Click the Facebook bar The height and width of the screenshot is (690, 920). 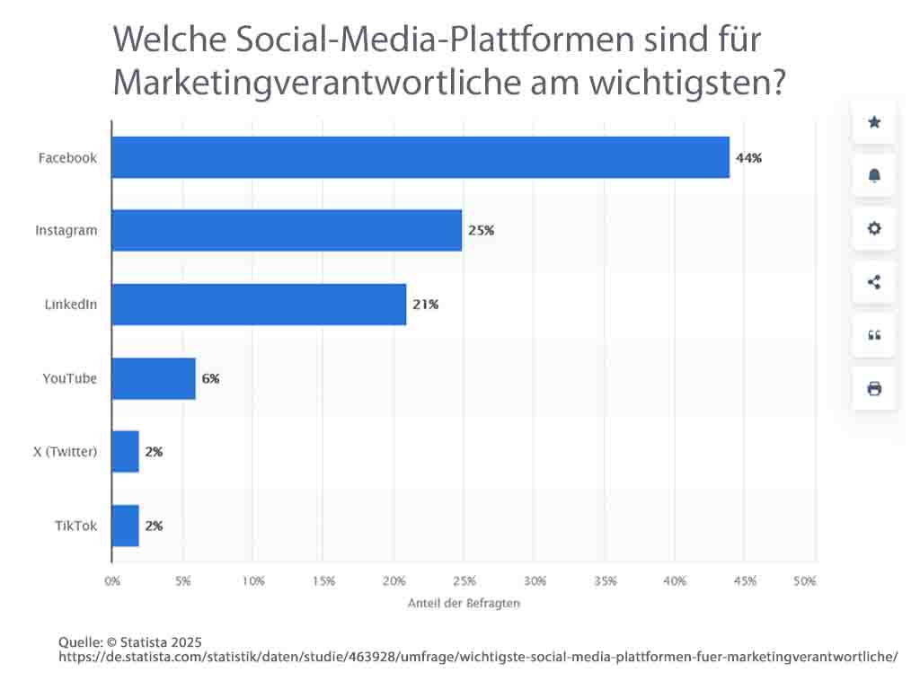pyautogui.click(x=420, y=157)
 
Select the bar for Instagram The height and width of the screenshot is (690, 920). pyautogui.click(x=287, y=230)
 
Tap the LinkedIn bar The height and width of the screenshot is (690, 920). pyautogui.click(x=259, y=305)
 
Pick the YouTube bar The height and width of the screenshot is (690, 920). pyautogui.click(x=154, y=378)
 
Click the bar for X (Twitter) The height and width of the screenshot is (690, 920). pyautogui.click(x=126, y=452)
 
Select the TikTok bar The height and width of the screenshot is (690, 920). pyautogui.click(x=126, y=526)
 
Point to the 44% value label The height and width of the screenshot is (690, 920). pyautogui.click(x=748, y=158)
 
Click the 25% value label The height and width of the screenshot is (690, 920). pyautogui.click(x=481, y=231)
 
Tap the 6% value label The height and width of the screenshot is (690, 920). pyautogui.click(x=210, y=379)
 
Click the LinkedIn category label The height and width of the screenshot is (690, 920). pyautogui.click(x=71, y=305)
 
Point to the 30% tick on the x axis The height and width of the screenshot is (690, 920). pyautogui.click(x=535, y=581)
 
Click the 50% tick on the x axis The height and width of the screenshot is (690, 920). pyautogui.click(x=805, y=581)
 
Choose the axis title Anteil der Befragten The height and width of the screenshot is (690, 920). pyautogui.click(x=463, y=603)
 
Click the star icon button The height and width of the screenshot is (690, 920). pyautogui.click(x=874, y=122)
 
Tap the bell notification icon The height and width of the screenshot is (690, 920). pyautogui.click(x=874, y=175)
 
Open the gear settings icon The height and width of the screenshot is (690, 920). pyautogui.click(x=874, y=228)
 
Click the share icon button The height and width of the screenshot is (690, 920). pyautogui.click(x=874, y=282)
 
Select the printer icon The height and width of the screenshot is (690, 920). pyautogui.click(x=874, y=389)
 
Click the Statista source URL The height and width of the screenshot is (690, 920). pyautogui.click(x=478, y=657)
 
